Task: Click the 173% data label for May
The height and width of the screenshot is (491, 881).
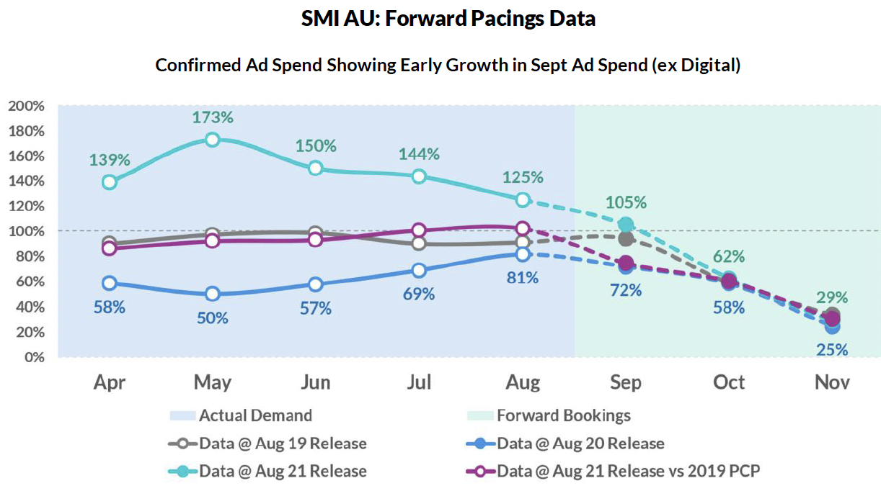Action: coord(212,117)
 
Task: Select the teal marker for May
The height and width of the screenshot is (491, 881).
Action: coord(212,140)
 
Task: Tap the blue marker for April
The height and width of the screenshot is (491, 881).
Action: coord(110,283)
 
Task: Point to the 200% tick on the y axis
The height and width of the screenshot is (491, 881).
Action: coord(27,106)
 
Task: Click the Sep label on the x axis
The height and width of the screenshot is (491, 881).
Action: coord(626,382)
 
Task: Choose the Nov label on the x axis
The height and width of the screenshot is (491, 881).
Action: coord(832,382)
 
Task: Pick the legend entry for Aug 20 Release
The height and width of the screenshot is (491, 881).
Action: coord(565,443)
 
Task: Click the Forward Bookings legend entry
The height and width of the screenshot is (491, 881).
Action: coord(549,415)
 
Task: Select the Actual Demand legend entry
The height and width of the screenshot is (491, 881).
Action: coord(241,415)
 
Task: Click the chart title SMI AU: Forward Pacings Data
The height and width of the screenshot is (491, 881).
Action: coord(448,19)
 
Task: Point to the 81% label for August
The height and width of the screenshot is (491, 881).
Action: coord(523,276)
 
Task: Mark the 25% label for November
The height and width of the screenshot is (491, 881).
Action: coord(832,350)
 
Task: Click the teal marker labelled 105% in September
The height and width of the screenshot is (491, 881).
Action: coord(626,225)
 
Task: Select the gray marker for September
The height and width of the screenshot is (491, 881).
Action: coord(626,238)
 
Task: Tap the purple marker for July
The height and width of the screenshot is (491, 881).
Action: coord(419,230)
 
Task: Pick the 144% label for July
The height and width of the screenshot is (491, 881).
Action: coord(419,153)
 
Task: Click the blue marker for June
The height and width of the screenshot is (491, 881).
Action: coord(315,284)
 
